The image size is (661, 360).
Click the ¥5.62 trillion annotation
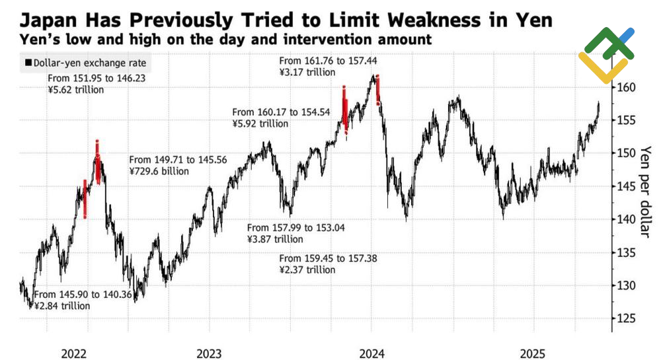tap(76, 90)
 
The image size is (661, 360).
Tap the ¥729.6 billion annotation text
tap(159, 171)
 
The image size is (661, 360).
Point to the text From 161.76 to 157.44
tap(329, 61)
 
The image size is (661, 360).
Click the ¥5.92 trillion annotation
tap(260, 124)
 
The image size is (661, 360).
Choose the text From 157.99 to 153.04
tap(295, 228)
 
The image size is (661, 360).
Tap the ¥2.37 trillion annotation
tap(307, 270)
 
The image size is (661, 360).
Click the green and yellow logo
tap(606, 55)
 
